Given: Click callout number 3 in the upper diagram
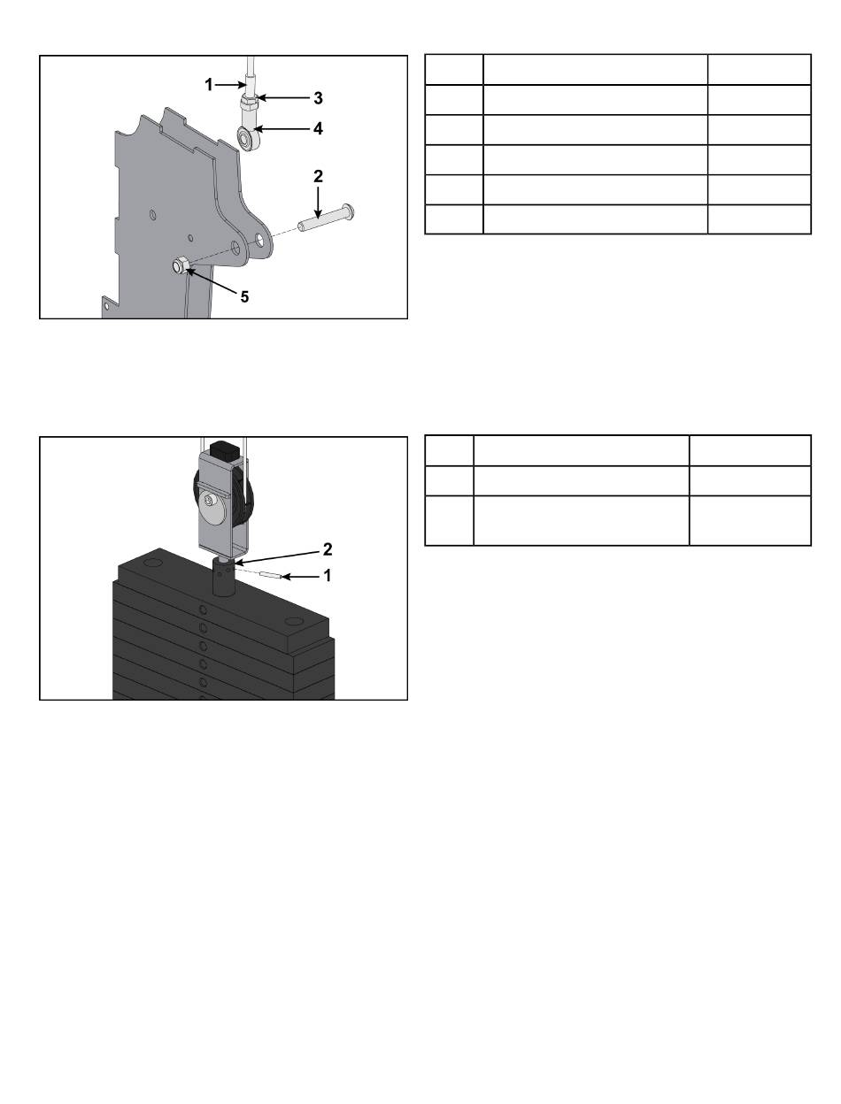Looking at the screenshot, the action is (318, 98).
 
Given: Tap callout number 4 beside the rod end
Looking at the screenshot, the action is (318, 129).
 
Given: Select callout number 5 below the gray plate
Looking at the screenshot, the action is (244, 296).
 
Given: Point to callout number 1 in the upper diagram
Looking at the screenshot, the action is (208, 85).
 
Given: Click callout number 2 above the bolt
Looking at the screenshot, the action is (318, 176).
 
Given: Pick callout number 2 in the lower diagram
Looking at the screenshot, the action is (328, 549).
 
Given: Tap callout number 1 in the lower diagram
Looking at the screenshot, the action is (328, 575).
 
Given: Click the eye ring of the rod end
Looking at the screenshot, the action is (245, 138).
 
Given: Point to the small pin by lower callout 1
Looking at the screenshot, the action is (271, 575).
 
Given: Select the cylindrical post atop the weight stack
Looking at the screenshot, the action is (224, 579).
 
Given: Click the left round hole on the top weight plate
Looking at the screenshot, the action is (153, 562).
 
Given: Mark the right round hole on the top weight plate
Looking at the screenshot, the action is (291, 623).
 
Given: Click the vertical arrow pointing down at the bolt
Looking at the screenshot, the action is (318, 203).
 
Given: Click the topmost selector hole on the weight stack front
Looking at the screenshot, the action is (203, 610).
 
